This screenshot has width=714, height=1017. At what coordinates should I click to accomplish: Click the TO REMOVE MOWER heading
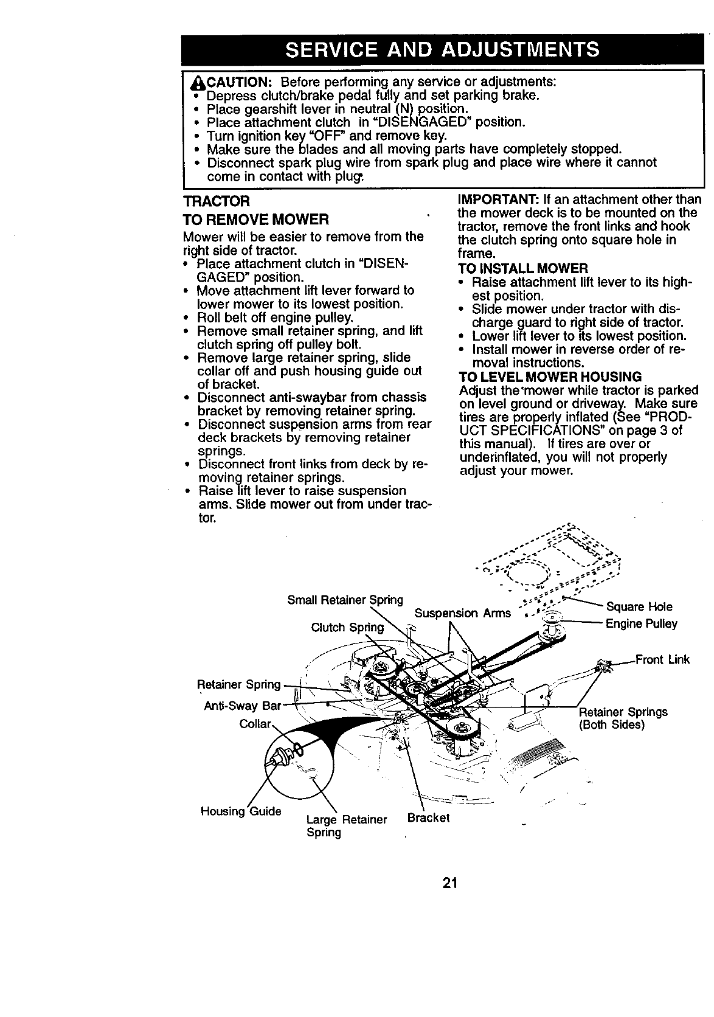[x=256, y=218]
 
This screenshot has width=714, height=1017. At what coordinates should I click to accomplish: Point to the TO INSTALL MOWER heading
[x=522, y=268]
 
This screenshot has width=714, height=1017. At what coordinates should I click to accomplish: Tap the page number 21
[x=450, y=883]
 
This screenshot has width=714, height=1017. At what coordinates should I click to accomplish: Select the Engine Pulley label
[x=641, y=623]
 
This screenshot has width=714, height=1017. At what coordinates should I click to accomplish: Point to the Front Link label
[x=662, y=659]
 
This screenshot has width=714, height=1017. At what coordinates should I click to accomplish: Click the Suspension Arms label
[x=462, y=613]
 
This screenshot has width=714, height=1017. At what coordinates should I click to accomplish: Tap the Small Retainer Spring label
[x=345, y=600]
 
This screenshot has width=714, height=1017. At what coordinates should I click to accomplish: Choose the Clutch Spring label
[x=347, y=627]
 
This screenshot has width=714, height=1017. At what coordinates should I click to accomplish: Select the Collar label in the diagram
[x=255, y=724]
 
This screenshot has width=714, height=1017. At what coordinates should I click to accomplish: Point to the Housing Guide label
[x=241, y=811]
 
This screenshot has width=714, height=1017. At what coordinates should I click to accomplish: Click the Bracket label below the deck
[x=428, y=817]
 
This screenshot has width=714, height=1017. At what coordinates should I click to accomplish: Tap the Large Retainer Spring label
[x=347, y=826]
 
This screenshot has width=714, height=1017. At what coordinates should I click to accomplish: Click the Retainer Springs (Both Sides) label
[x=623, y=718]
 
